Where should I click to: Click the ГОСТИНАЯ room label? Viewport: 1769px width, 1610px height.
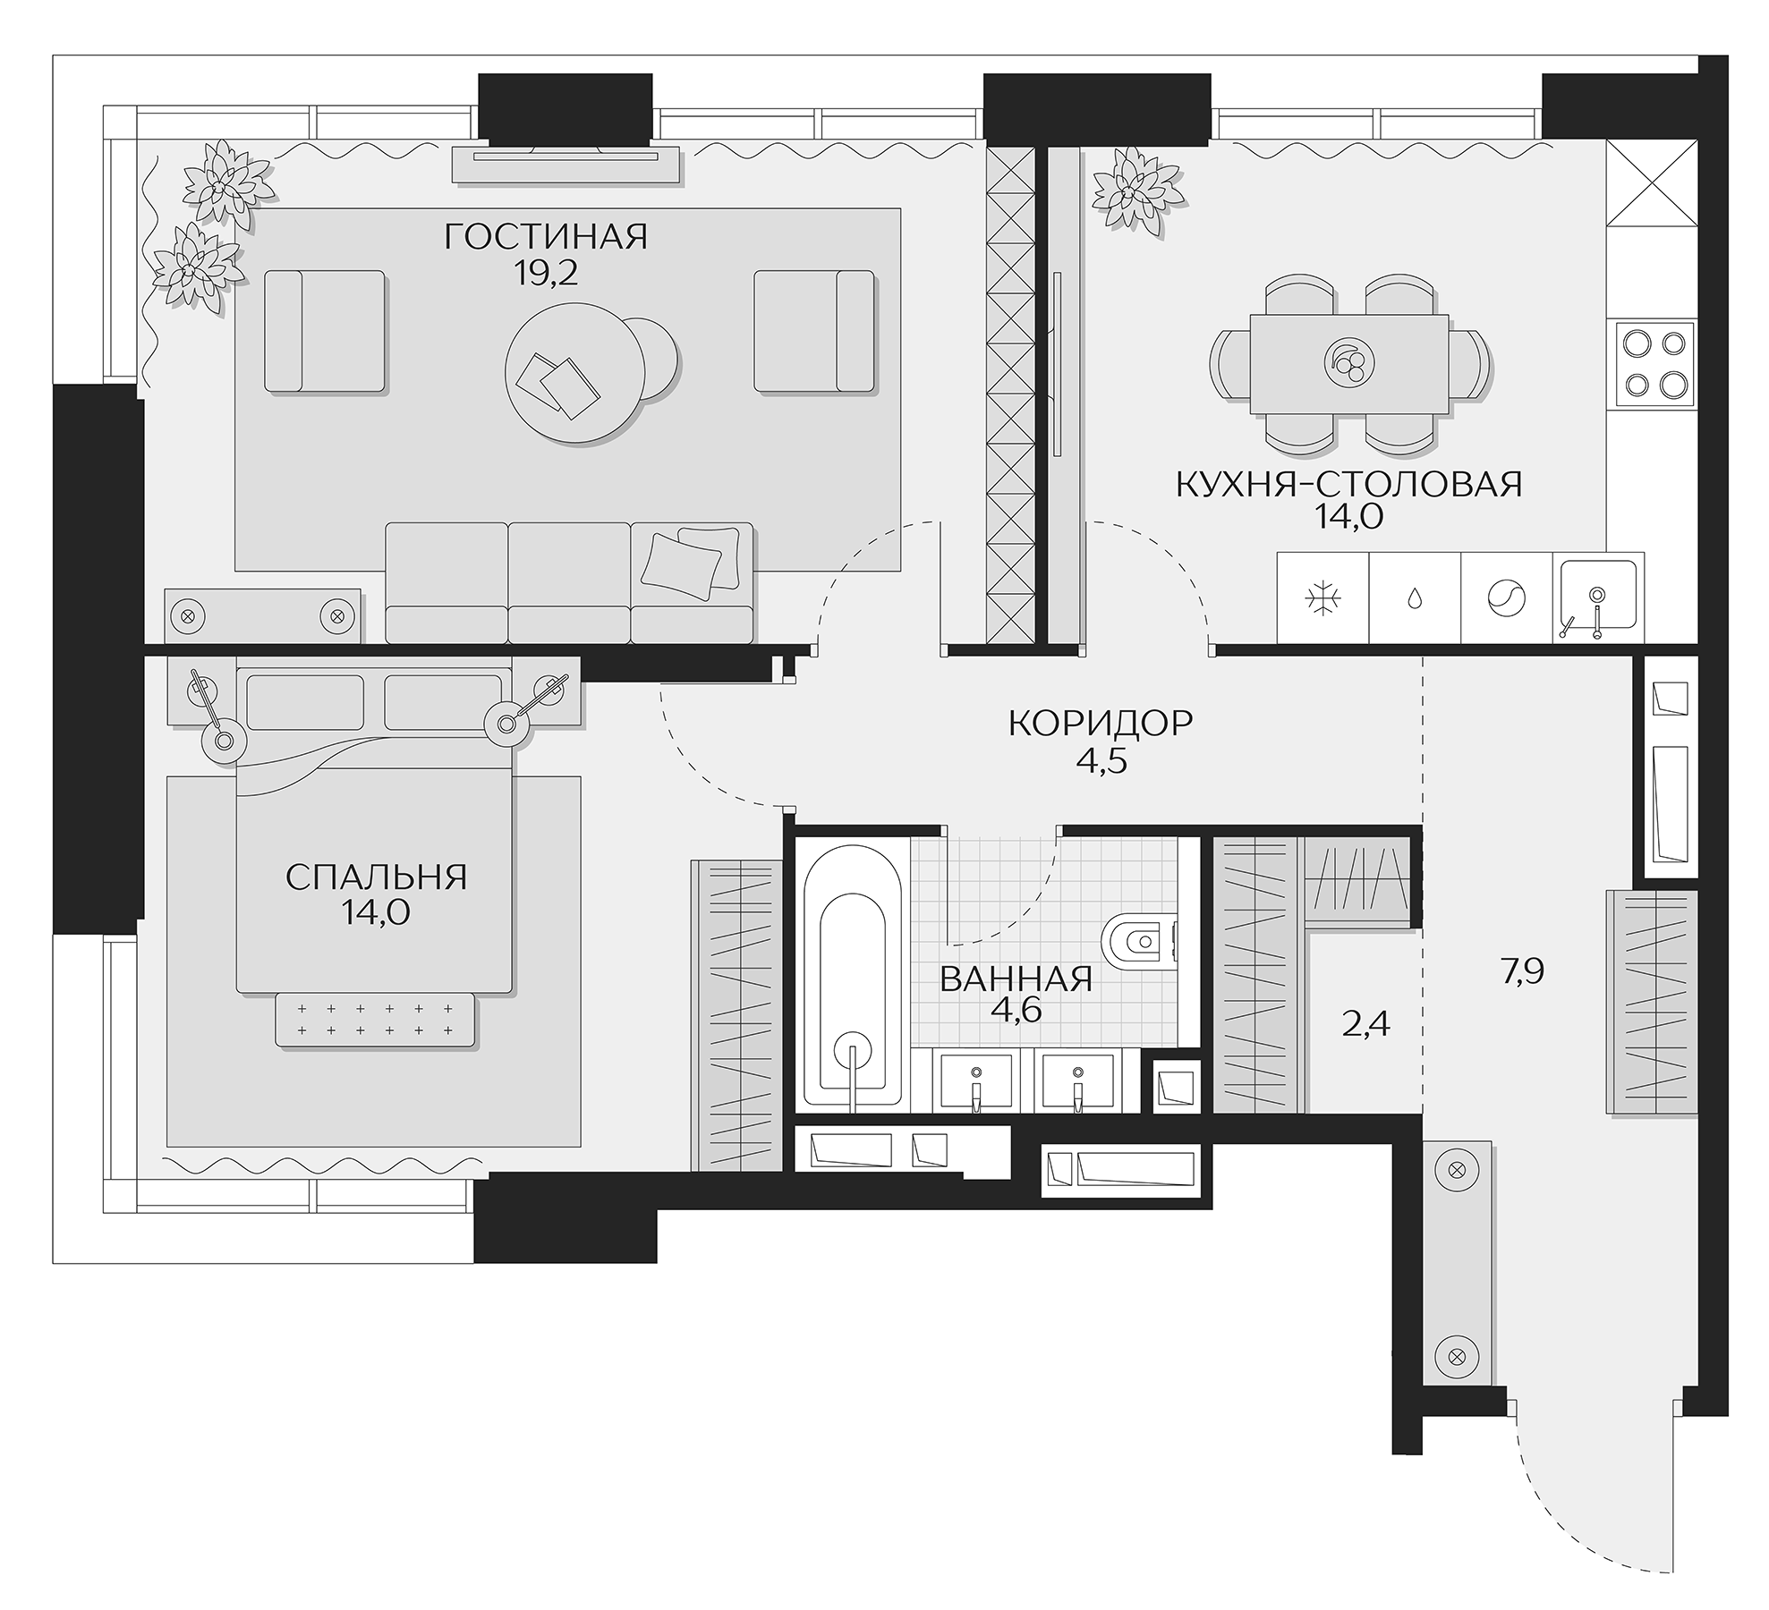tap(545, 237)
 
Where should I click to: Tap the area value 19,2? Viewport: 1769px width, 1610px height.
tap(545, 274)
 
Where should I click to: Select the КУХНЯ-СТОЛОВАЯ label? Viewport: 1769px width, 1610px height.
tap(1348, 484)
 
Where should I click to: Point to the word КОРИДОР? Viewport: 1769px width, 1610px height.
tap(1101, 723)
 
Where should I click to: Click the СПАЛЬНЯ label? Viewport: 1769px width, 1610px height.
tap(376, 877)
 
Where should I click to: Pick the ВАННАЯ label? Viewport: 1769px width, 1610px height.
tap(1016, 979)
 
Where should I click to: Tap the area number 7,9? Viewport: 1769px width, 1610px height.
tap(1523, 971)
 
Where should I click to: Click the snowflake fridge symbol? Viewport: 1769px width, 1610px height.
tap(1322, 598)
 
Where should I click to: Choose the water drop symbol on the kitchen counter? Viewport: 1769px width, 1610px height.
tap(1415, 598)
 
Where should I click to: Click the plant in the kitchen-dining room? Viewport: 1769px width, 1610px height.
tap(1133, 191)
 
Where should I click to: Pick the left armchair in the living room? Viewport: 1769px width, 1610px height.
tap(326, 332)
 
